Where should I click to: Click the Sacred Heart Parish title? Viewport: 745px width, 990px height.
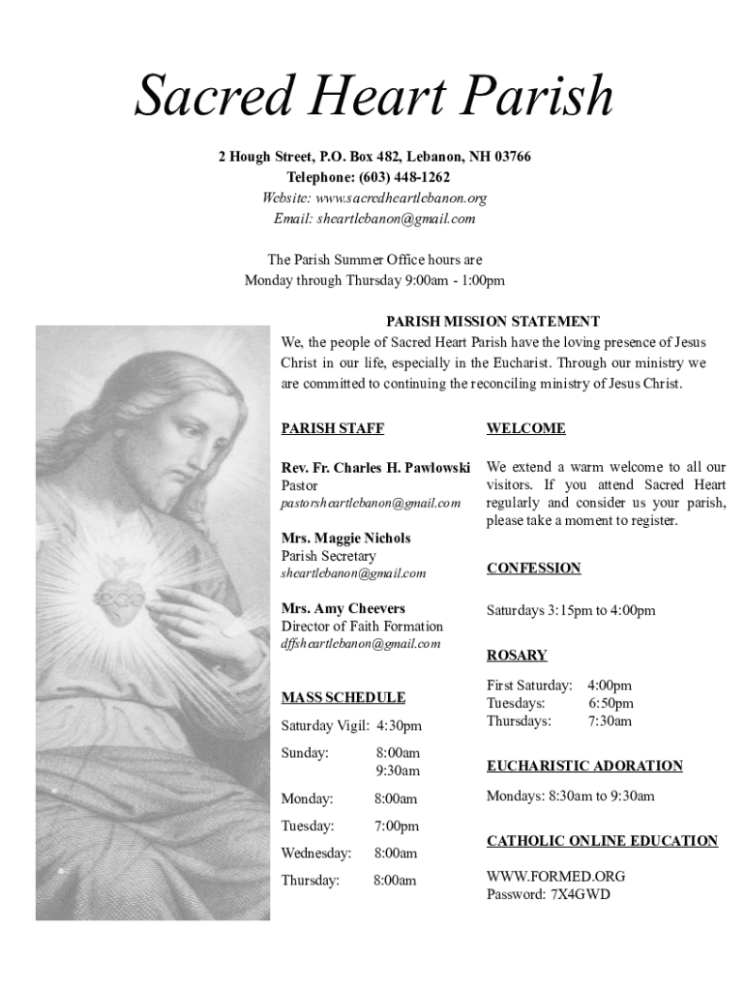pos(373,97)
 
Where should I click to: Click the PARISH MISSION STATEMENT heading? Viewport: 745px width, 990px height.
pos(492,322)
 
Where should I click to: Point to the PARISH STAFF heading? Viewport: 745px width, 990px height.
pos(325,428)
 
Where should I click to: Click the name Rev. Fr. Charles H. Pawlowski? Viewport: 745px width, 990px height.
pos(375,468)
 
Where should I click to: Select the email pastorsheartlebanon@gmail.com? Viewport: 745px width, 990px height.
pos(371,504)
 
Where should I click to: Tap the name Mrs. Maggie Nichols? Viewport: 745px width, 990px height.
pos(345,539)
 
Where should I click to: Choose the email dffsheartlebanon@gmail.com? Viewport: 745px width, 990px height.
pos(360,644)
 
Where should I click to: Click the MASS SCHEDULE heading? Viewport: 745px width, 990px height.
pos(343,697)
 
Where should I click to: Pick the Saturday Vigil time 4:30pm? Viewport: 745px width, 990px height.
pos(399,725)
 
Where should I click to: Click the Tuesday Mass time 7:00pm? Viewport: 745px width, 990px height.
pos(397,827)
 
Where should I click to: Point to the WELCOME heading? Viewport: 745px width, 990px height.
pos(525,428)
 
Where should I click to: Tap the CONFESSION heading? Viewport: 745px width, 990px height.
pos(533,568)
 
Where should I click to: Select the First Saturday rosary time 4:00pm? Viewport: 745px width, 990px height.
pos(610,685)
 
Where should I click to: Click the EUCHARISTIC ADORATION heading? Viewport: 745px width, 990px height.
pos(584,766)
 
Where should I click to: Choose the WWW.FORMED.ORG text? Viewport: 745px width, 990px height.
pos(555,876)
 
